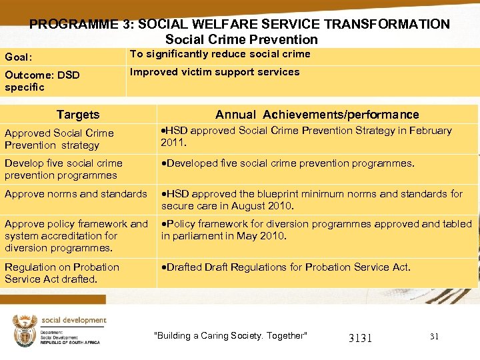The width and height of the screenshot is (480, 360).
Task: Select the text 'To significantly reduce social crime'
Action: (x=220, y=54)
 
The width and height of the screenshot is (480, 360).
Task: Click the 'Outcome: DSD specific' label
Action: (x=41, y=81)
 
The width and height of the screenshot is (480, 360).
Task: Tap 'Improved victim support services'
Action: (x=215, y=72)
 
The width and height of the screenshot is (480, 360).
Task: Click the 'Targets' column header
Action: (x=78, y=115)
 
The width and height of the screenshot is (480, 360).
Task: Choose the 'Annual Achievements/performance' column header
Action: (x=317, y=115)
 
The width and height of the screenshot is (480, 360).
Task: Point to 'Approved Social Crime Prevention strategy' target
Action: (x=59, y=139)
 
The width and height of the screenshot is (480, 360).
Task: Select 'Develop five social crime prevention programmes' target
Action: (x=63, y=169)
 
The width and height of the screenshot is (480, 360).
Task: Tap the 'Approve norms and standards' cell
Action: (x=76, y=194)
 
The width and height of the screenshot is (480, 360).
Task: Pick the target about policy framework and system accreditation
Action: (x=76, y=236)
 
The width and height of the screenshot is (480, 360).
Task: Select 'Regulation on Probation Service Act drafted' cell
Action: (x=62, y=273)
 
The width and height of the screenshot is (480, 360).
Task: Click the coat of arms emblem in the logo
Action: (x=25, y=330)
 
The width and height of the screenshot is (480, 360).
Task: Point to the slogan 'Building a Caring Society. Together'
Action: (x=231, y=335)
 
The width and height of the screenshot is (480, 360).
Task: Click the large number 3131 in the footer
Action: (x=360, y=338)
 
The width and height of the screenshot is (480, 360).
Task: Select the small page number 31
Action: (x=434, y=337)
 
